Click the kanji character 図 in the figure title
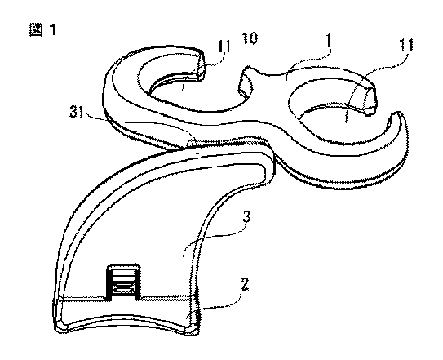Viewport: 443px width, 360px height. [36, 29]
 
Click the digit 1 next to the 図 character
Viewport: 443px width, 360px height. [52, 29]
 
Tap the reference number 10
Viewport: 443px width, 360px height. [250, 38]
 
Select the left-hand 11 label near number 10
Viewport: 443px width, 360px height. [224, 47]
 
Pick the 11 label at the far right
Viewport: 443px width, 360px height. [406, 45]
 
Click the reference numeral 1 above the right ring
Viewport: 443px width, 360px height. [328, 42]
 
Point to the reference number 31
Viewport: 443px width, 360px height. [77, 113]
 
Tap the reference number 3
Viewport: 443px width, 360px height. [246, 217]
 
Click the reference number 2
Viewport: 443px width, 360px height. [245, 285]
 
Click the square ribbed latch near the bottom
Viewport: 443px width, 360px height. [123, 282]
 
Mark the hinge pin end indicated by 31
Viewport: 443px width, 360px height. [191, 142]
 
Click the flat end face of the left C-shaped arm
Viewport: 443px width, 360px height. [202, 68]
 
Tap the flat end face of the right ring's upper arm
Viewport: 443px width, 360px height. [370, 100]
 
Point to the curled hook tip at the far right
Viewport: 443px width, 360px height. [396, 114]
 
